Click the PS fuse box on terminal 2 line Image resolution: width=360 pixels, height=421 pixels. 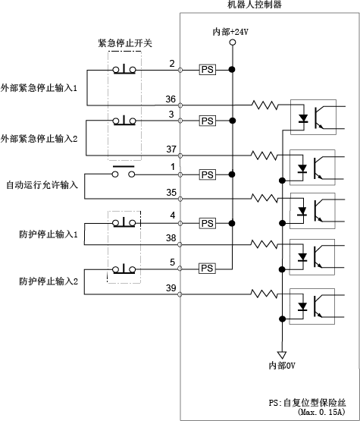coord(208,70)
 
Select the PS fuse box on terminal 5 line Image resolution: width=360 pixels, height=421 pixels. coord(207,269)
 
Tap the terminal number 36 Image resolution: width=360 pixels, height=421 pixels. coord(171,99)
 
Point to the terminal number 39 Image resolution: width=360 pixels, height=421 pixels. coord(171,288)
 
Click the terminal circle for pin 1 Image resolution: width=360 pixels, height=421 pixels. coord(180,175)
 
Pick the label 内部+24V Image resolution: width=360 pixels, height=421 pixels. coord(230,32)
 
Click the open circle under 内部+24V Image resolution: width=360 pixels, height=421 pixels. coord(233,42)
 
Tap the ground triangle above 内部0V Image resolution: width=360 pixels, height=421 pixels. coord(282,355)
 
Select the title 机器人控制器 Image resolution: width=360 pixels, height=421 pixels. coord(255,5)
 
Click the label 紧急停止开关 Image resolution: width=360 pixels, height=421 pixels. coord(125,43)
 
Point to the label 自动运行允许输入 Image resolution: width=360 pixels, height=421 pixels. coord(42,185)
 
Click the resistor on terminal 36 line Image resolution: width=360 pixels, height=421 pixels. coord(265,105)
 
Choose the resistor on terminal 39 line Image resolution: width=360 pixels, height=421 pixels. coord(264,294)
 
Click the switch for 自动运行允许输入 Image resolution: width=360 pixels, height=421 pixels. coord(124,172)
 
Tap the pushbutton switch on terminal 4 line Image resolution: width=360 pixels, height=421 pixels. coord(124,222)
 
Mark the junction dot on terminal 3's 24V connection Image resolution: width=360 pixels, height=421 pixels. coord(233,121)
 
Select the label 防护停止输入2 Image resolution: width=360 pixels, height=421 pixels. coord(49,281)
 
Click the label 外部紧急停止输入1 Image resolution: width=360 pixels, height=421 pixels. coord(39,88)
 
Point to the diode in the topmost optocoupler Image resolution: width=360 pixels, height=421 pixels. coord(303,118)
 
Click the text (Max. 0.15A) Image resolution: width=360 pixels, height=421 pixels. coord(321,411)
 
